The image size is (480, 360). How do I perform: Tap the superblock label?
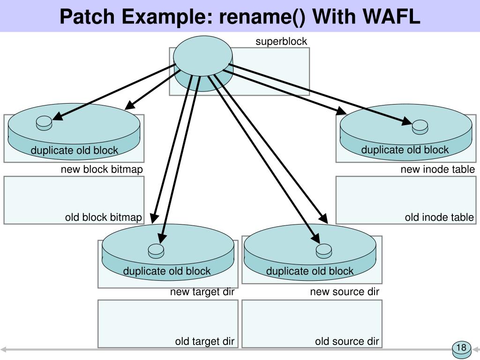[x=281, y=42]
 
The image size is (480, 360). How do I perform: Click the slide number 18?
[x=461, y=348]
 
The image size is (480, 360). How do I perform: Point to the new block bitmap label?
[x=102, y=169]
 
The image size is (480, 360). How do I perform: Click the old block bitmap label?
[x=103, y=217]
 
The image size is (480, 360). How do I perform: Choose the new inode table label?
[x=437, y=169]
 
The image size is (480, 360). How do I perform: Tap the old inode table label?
[x=439, y=217]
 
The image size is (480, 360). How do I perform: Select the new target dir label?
[x=202, y=292]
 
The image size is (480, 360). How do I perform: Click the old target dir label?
[x=204, y=341]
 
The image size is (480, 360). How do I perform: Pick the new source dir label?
[x=345, y=292]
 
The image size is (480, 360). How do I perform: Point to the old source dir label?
[x=347, y=341]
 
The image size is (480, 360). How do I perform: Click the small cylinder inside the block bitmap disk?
[x=44, y=122]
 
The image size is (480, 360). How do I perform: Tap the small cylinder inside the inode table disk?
[x=420, y=126]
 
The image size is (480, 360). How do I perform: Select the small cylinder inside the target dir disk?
[x=156, y=251]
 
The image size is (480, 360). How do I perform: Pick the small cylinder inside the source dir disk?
[x=324, y=251]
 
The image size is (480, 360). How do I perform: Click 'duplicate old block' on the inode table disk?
[x=405, y=150]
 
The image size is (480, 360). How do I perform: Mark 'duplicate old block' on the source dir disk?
[x=310, y=271]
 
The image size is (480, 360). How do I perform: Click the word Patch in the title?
[x=87, y=17]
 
